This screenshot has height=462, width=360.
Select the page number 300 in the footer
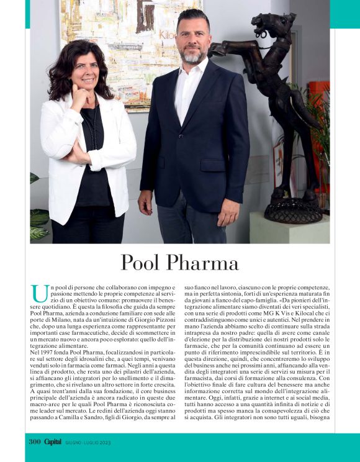coord(35,442)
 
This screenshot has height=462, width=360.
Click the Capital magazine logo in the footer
coord(56,442)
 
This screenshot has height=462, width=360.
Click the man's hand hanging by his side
coord(145,202)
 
